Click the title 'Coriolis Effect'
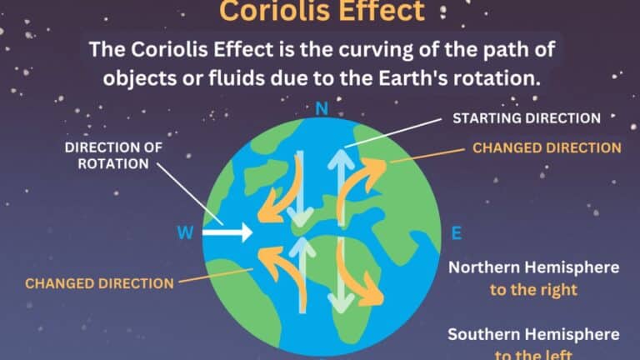pos(320,12)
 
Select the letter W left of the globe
pos(186,232)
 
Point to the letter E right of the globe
pos(455,232)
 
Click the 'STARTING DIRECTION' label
pos(526,117)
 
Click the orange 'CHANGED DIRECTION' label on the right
pos(547,147)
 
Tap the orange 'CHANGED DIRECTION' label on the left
pos(99,282)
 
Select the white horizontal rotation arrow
pos(229,232)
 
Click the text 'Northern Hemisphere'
pos(534,268)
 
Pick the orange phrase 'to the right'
pos(534,292)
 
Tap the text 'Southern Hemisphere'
pos(534,335)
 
